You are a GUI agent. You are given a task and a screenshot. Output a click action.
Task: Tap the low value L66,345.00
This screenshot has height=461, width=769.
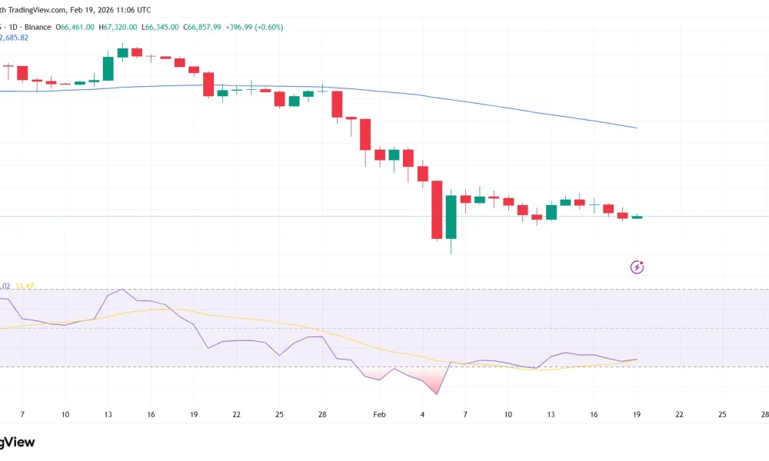tap(161, 27)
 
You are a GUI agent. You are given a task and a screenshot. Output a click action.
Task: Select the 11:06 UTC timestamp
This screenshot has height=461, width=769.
tap(131, 9)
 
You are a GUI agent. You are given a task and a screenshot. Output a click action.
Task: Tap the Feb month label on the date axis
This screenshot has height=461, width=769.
tap(378, 414)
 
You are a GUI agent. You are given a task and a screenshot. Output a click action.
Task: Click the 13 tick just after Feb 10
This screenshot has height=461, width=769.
tap(551, 414)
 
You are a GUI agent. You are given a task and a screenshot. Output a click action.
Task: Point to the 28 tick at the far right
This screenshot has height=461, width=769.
tap(764, 414)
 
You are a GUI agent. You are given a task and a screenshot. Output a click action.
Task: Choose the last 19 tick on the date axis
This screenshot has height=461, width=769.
tap(637, 414)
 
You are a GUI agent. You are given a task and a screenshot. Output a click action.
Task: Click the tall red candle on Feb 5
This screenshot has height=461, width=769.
tap(437, 210)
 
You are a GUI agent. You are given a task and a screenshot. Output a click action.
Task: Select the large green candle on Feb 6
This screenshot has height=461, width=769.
tap(451, 216)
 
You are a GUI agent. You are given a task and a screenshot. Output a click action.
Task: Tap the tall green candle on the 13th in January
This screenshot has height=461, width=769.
tap(108, 68)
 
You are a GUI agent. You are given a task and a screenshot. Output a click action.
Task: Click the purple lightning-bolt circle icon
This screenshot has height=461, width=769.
tap(637, 267)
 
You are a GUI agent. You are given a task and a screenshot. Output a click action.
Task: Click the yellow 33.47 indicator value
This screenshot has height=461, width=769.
tap(25, 286)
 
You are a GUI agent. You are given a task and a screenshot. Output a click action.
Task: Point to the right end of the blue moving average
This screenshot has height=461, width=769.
tap(635, 128)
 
